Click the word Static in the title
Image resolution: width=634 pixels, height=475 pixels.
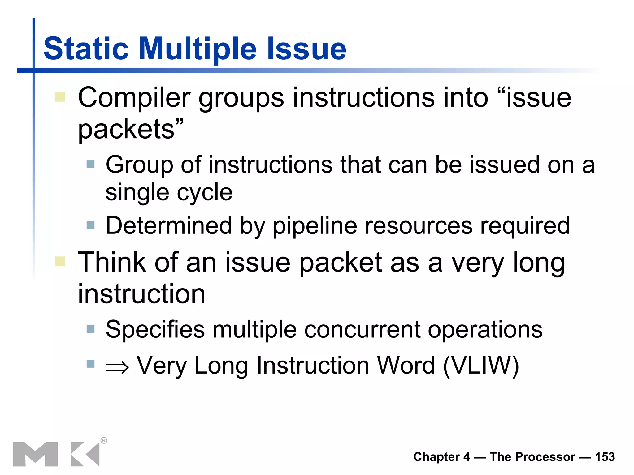(x=86, y=49)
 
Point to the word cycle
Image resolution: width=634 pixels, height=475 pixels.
(x=205, y=193)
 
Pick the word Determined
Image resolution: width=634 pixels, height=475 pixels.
(x=169, y=226)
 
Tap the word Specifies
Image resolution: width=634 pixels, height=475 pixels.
(x=155, y=330)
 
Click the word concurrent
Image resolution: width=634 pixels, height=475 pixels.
(x=362, y=330)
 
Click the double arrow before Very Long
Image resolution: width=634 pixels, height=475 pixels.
(x=117, y=367)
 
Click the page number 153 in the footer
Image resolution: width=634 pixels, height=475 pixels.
(x=605, y=457)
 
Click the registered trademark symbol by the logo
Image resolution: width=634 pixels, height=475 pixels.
(x=104, y=440)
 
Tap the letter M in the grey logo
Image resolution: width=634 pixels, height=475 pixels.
(x=35, y=454)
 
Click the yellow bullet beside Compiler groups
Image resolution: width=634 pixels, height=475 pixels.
(x=60, y=96)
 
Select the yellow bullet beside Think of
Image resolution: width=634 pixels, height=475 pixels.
(x=60, y=261)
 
